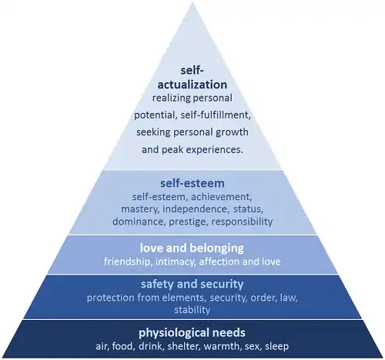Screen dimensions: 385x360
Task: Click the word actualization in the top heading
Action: pos(192,85)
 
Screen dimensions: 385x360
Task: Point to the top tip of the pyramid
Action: pos(192,2)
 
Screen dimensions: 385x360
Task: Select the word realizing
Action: pos(168,98)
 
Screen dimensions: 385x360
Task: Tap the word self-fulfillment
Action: pos(216,115)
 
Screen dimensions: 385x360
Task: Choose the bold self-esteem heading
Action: pos(192,183)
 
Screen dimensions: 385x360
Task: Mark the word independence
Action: pos(196,209)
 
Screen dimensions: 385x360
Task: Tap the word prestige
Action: pos(188,222)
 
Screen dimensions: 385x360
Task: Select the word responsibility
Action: pos(242,222)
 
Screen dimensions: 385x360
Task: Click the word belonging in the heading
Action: pos(217,248)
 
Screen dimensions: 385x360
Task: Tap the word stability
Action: pos(192,310)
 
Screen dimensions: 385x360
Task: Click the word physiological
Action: pos(171,333)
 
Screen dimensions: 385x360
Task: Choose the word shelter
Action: pos(183,346)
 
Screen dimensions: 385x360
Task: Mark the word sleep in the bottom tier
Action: pos(276,347)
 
